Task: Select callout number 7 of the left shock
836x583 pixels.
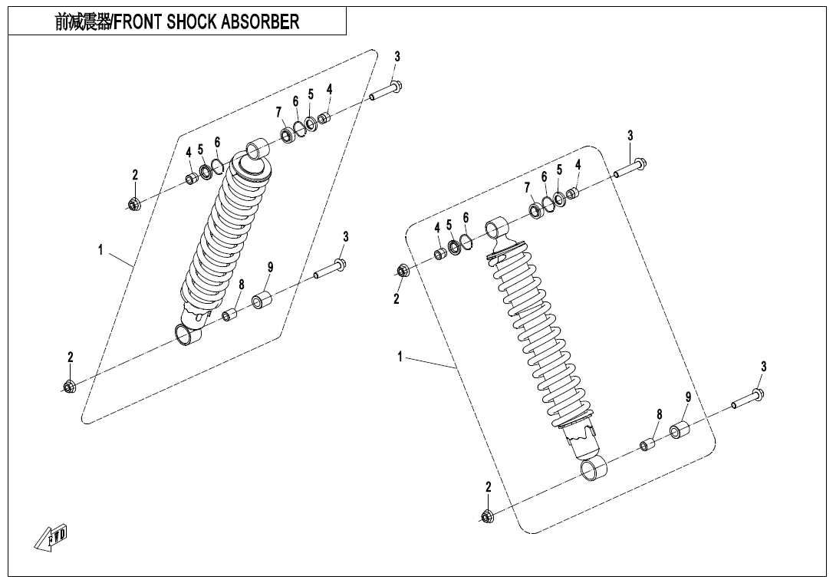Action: coord(279,113)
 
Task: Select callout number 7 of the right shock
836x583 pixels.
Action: coord(527,187)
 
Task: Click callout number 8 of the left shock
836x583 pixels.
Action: coord(241,285)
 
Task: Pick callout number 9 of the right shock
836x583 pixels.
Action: coord(688,397)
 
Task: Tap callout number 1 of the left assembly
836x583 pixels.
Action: coord(100,249)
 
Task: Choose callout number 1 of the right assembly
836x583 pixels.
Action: coord(400,357)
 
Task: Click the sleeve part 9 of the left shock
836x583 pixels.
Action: coord(263,300)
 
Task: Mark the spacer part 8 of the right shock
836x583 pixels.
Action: coord(648,445)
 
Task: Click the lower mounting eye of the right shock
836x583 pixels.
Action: coord(592,469)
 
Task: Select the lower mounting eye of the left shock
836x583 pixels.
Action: coord(188,334)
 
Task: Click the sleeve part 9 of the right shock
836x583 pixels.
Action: coord(679,430)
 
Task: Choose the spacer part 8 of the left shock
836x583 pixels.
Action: coord(229,315)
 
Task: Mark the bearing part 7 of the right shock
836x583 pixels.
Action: coord(534,209)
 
